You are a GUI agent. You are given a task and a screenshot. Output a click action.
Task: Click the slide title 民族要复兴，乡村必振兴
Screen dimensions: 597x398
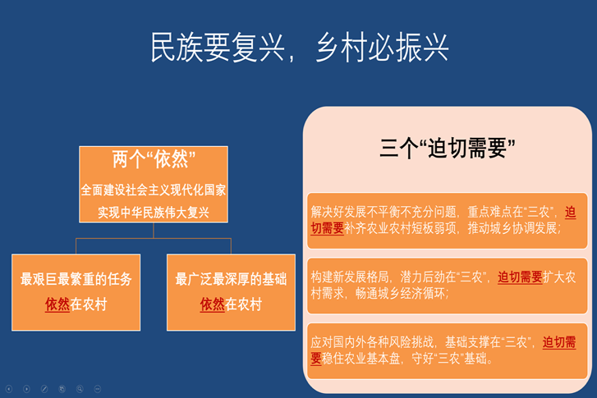[300, 47]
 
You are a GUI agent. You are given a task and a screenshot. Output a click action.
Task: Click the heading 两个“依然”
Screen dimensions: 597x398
[154, 158]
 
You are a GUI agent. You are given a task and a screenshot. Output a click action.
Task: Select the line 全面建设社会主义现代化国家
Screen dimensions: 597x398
[154, 190]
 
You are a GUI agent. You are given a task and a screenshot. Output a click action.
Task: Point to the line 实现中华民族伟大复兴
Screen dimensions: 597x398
[154, 212]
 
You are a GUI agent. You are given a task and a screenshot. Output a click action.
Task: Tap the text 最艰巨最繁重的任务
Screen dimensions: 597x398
[76, 279]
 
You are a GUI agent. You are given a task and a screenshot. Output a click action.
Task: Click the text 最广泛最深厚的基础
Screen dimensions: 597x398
[231, 279]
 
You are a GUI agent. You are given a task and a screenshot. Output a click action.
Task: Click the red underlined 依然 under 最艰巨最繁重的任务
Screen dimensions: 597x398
[57, 304]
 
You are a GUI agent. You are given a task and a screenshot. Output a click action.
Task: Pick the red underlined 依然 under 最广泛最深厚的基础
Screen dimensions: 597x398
[213, 304]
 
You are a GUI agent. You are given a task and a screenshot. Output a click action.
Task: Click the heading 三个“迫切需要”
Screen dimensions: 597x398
[448, 148]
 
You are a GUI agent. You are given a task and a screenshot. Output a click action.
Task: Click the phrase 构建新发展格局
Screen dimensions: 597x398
[350, 277]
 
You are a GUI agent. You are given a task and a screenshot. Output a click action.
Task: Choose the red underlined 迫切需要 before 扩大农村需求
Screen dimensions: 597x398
[520, 277]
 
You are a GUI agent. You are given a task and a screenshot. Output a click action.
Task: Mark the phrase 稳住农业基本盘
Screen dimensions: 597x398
[361, 359]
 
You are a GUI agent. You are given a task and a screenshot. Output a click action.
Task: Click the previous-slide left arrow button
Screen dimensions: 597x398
[9, 389]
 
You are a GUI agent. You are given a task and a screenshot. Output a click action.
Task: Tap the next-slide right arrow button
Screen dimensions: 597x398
[26, 389]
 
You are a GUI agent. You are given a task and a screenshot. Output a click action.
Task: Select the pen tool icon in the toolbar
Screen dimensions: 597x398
[44, 389]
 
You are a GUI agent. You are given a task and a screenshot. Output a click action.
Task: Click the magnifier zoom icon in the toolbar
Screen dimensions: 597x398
[80, 389]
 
